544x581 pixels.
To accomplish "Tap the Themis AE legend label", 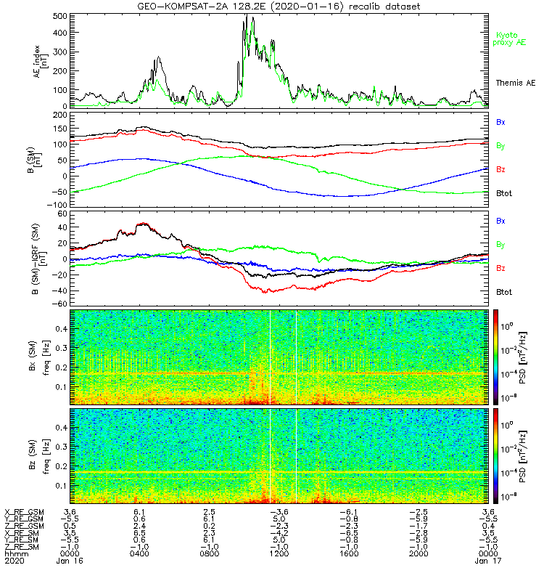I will click(x=514, y=84).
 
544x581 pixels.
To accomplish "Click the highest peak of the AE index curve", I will click(x=246, y=15).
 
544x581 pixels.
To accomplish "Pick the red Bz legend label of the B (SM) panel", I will click(x=501, y=169).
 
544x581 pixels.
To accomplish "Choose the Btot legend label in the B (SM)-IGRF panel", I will click(x=503, y=292).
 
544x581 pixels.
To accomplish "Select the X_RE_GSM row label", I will click(x=24, y=511).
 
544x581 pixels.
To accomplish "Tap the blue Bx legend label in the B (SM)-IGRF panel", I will click(x=501, y=220).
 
